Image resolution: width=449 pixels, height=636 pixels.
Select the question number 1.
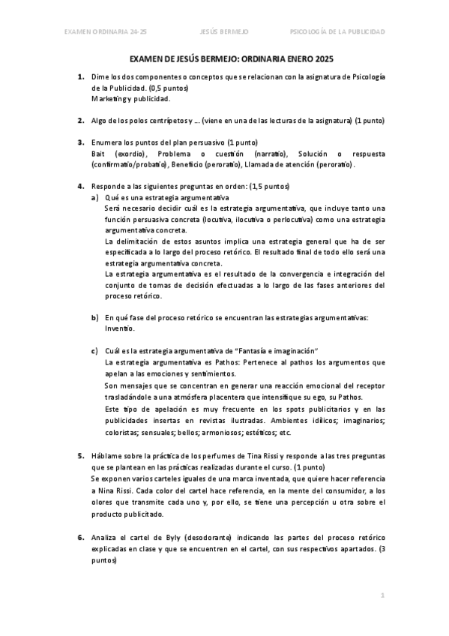(x=81, y=77)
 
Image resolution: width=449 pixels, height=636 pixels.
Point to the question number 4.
(x=81, y=186)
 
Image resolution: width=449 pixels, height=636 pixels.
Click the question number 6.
(x=81, y=538)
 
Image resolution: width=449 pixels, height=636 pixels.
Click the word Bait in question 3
(x=98, y=153)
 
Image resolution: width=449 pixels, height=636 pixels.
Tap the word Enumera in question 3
(x=108, y=142)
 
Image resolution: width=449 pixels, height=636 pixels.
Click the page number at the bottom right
(x=382, y=595)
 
